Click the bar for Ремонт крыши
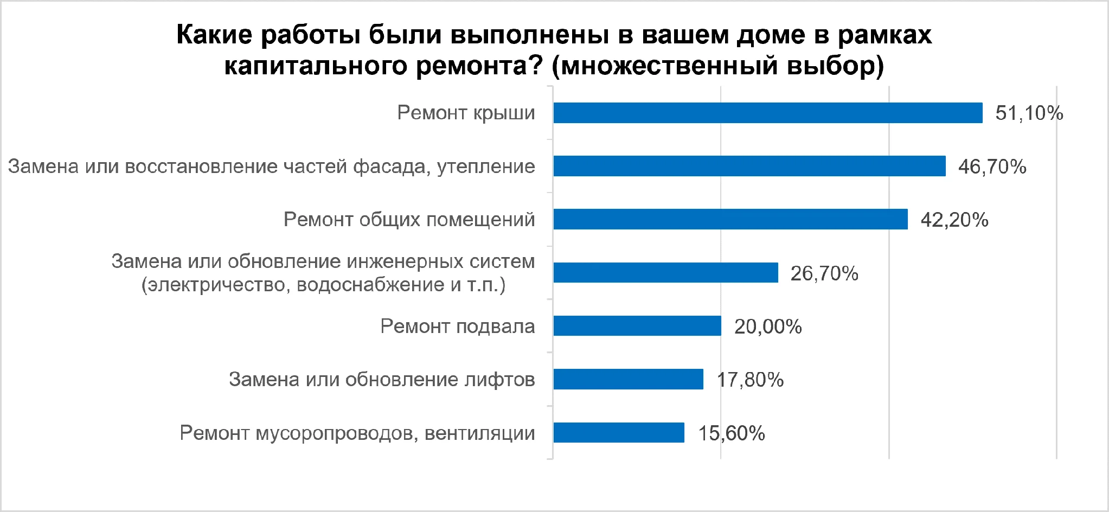point(768,113)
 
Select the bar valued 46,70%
point(749,166)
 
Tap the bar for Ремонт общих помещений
point(730,219)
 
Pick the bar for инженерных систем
point(666,272)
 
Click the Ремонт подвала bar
point(637,325)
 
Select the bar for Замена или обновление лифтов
point(629,379)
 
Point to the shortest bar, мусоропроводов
point(619,432)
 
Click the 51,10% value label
point(1029,113)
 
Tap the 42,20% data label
point(954,220)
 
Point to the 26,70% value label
point(824,273)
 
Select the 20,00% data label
point(768,327)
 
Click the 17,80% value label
point(751,380)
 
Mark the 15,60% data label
point(732,433)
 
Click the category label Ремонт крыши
point(466,113)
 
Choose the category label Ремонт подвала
point(458,326)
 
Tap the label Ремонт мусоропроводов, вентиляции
point(357,433)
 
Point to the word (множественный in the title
point(664,66)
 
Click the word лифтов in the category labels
point(500,379)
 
